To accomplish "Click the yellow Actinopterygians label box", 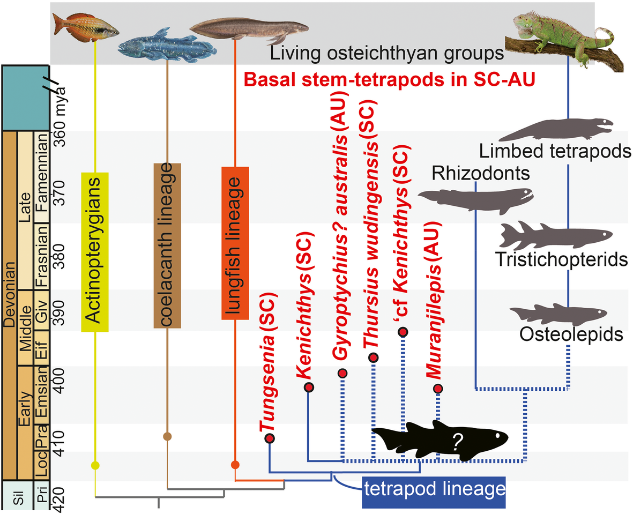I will pos(95,252).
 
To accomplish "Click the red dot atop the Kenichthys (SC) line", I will pos(308,387).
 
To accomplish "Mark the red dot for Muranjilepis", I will pos(438,389).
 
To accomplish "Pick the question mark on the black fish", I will pos(457,441).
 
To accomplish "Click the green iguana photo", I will pos(563,38).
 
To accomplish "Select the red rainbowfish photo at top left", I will pos(86,26).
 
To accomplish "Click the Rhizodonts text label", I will pos(480,173).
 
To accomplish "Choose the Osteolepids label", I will pos(571,334).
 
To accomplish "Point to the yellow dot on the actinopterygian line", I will pos(95,465).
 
